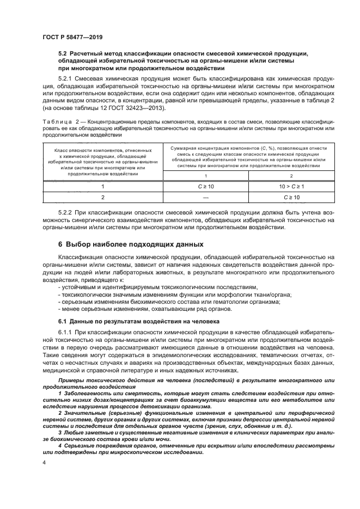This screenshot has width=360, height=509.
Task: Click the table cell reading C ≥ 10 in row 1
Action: coord(206,186)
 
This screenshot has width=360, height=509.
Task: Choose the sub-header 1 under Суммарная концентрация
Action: coord(206,175)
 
